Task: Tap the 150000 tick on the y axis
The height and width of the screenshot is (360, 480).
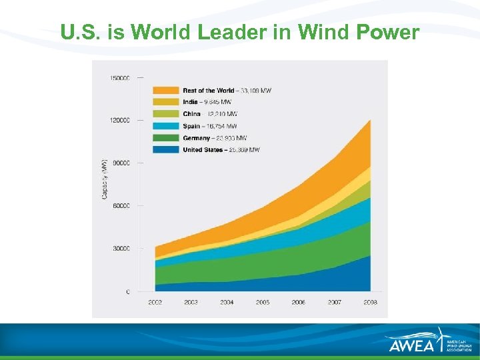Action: tap(120, 78)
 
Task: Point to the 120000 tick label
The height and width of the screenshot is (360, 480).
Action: tap(120, 121)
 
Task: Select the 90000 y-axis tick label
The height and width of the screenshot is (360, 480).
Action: tap(121, 163)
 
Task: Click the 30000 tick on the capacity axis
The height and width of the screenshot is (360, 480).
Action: tap(121, 249)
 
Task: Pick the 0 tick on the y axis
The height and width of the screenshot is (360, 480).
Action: tap(128, 291)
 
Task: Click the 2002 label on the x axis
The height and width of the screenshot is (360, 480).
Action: tap(155, 302)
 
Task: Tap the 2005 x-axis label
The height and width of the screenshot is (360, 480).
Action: tap(263, 302)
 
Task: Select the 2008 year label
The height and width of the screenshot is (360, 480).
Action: tap(370, 302)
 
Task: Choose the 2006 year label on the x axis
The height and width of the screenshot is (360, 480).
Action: tap(298, 302)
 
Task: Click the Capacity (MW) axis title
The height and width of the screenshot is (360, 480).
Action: tap(105, 179)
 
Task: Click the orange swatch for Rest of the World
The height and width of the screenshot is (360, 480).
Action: tap(166, 90)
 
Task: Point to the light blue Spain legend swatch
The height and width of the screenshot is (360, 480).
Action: tap(166, 126)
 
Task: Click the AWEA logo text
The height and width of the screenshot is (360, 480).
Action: tap(411, 345)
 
